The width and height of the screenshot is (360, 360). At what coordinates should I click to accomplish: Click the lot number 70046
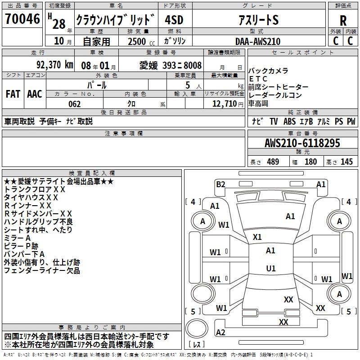(22, 19)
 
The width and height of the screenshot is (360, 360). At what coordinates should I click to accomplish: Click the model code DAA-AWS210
(258, 41)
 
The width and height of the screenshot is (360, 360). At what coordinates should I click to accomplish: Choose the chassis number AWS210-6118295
(302, 143)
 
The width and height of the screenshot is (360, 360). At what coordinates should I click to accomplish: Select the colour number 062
(74, 104)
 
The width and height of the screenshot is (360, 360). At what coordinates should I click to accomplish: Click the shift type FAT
(13, 94)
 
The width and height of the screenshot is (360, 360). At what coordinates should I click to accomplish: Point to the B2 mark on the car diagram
(220, 184)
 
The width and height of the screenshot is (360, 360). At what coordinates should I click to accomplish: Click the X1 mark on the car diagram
(257, 237)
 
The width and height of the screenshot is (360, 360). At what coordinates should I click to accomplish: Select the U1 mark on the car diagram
(270, 269)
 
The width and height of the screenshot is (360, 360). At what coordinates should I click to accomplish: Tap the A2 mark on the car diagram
(220, 333)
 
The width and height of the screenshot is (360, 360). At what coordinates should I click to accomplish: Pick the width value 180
(310, 162)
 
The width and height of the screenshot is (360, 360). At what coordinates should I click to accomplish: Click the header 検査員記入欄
(92, 173)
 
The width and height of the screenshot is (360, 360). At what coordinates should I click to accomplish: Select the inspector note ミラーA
(18, 238)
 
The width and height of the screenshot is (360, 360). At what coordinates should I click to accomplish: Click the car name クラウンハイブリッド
(116, 20)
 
